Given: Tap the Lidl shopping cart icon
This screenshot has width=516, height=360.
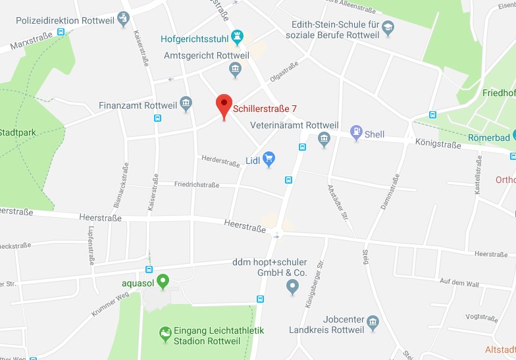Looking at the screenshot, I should pos(269,158).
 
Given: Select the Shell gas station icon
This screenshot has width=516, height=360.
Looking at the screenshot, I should pos(356,132).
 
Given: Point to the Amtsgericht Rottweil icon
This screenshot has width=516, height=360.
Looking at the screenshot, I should pos(235,68).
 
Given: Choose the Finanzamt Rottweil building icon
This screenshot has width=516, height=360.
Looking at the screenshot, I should pos(186,103).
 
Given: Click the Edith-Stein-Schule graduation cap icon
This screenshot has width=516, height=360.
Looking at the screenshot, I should pos(388,28).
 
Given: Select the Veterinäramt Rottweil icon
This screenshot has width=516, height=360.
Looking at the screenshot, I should pos(324,139).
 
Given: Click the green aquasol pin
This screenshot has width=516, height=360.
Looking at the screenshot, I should pos(163,281).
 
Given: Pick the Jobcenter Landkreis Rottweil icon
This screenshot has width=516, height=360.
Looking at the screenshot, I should pos(373,322).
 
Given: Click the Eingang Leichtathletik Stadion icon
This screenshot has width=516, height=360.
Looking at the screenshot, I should pos(165,335).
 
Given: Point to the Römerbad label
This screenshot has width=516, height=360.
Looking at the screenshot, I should pos(488,138).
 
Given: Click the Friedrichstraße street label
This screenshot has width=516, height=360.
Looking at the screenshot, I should pos(196,185).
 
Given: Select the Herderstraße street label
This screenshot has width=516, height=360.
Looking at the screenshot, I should pos(220,161).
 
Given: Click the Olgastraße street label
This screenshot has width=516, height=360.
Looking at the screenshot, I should pos(284,72).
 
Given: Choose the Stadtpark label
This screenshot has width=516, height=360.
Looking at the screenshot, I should pos(18,132).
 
